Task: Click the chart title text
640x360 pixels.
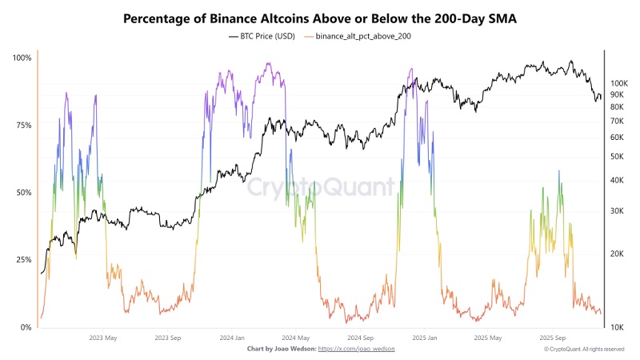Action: (x=319, y=18)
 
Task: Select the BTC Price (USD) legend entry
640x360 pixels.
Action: (x=262, y=36)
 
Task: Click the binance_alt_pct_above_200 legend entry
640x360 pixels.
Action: (x=358, y=36)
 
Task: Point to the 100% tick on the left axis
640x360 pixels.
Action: (x=22, y=58)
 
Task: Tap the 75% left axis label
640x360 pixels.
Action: (x=24, y=126)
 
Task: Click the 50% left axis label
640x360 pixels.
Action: (x=24, y=193)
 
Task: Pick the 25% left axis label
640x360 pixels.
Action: (x=24, y=260)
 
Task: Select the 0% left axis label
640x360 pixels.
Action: (x=26, y=327)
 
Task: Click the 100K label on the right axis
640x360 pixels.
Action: (x=619, y=84)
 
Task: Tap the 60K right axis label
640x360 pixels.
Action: (x=617, y=138)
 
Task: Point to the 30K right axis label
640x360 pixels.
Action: (x=617, y=211)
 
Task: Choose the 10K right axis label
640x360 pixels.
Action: (x=617, y=327)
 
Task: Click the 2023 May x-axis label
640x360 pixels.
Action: (x=103, y=338)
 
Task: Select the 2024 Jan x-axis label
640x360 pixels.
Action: (x=232, y=338)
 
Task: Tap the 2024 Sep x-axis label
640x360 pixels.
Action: (x=361, y=338)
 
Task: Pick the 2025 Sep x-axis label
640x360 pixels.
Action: (x=553, y=338)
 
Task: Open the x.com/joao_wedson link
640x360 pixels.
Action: (x=356, y=349)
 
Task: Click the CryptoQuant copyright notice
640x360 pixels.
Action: (x=584, y=350)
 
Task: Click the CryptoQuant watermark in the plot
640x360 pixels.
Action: (x=321, y=187)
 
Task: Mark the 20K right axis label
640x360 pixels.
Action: (x=617, y=254)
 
